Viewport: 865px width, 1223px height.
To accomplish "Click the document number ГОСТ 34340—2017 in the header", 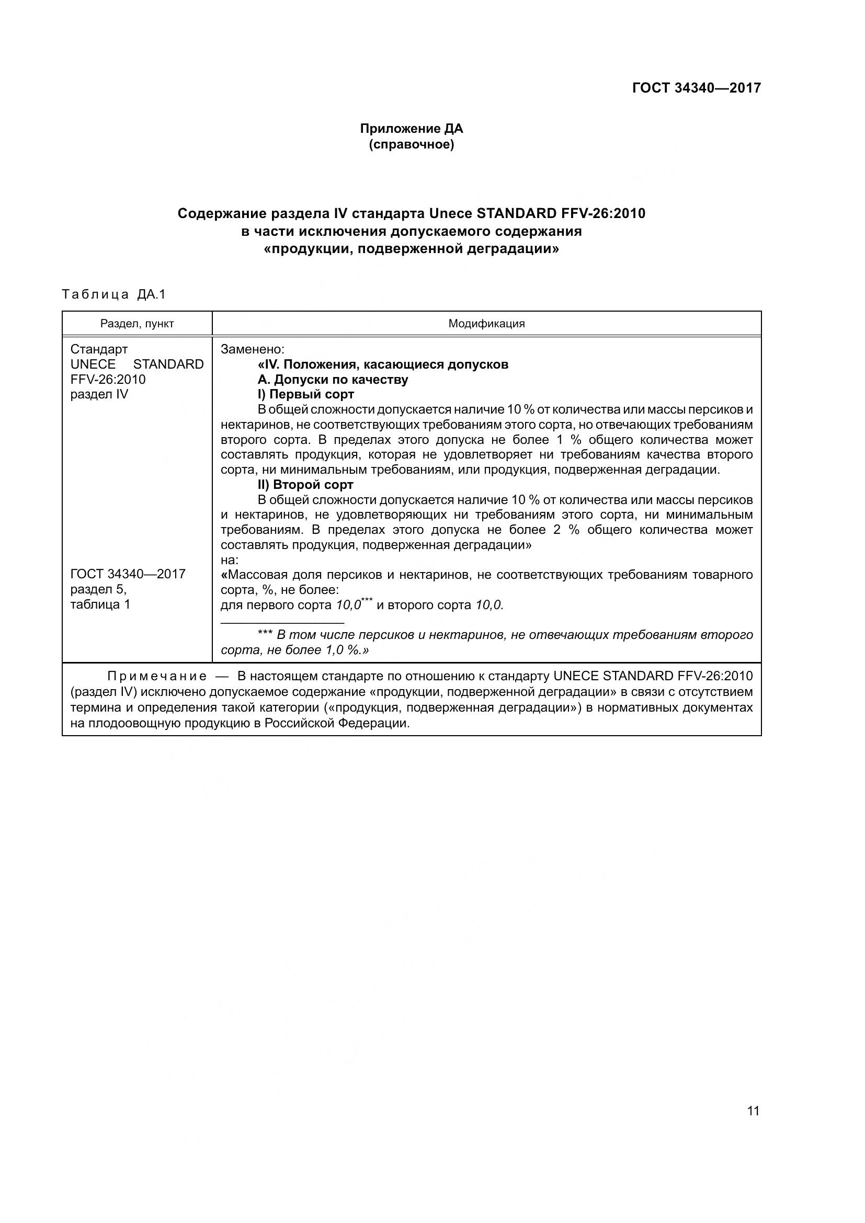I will [x=696, y=88].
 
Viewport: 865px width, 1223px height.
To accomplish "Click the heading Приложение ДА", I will [x=411, y=129].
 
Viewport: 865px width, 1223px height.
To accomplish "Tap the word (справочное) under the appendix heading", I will [x=411, y=144].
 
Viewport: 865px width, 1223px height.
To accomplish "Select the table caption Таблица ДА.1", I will [x=114, y=294].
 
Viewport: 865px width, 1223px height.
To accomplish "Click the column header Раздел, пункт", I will [x=137, y=323].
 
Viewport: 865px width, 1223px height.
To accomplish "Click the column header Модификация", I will [x=486, y=323].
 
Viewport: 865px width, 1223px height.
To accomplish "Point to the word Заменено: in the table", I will [x=253, y=349].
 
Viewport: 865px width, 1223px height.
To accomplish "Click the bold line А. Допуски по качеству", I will [x=333, y=379].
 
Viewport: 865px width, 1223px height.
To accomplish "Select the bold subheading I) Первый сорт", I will [x=306, y=394].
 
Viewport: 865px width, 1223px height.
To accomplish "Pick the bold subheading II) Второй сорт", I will [x=305, y=485].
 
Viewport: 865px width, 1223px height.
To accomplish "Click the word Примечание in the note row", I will [x=157, y=677].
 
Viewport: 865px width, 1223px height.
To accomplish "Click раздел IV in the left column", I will [x=99, y=394].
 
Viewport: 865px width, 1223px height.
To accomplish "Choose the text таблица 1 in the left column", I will [x=100, y=604].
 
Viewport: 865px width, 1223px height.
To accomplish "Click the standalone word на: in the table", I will [x=229, y=560].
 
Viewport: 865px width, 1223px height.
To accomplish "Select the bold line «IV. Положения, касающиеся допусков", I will [x=382, y=364].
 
